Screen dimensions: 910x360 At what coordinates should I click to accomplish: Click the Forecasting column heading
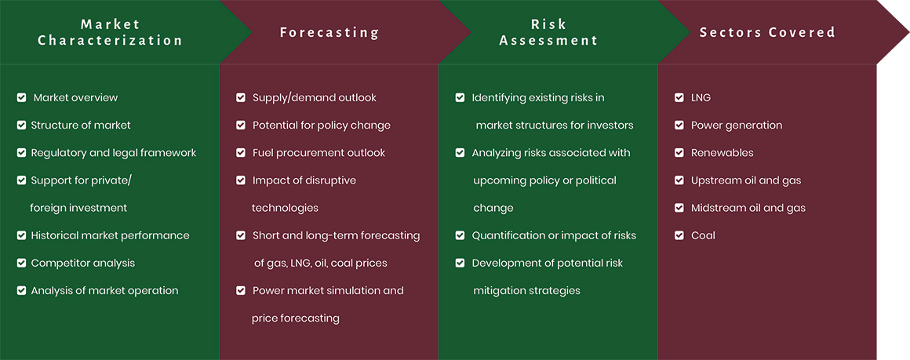[329, 32]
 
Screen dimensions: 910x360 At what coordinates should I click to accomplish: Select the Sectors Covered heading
[767, 32]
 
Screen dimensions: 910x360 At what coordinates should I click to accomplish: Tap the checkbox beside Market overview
[21, 97]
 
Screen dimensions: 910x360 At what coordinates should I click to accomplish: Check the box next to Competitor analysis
[21, 263]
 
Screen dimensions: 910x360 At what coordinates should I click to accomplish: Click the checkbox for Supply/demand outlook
[241, 97]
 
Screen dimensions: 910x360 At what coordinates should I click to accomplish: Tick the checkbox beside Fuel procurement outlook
[241, 153]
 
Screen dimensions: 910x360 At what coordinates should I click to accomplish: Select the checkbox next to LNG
[679, 97]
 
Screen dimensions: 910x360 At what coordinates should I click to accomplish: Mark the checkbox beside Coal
[679, 235]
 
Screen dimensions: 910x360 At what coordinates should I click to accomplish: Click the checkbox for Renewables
[679, 153]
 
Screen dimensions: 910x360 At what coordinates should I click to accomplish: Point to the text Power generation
[737, 125]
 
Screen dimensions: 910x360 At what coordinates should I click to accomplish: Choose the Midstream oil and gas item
[748, 208]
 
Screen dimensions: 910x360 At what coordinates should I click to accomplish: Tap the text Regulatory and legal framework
[114, 153]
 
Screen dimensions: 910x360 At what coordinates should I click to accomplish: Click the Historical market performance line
[111, 235]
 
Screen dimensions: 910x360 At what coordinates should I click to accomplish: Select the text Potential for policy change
[322, 125]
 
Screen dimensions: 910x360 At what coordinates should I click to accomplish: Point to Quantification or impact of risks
[554, 235]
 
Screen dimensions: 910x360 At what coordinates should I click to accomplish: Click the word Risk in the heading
[548, 24]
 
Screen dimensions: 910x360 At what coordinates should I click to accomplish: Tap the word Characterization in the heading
[111, 41]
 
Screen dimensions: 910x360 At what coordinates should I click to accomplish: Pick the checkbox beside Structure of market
[21, 125]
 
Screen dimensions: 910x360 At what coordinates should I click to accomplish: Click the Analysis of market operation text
[104, 291]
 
